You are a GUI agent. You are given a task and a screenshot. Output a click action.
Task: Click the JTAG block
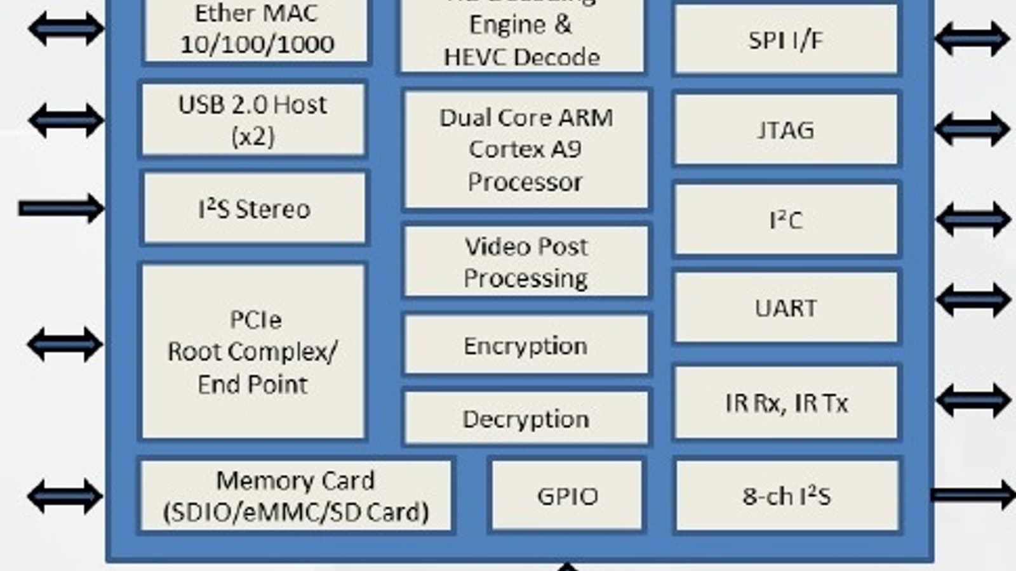coord(785,129)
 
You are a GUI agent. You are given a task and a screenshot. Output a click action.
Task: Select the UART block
coord(785,308)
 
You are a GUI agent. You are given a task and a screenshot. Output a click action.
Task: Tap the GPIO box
coord(567,496)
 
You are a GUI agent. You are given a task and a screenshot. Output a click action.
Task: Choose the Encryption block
coord(526,346)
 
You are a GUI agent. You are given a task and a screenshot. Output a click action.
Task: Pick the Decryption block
coord(526,419)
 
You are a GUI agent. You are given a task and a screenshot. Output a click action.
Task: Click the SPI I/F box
coord(785,40)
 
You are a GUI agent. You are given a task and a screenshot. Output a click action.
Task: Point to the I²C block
coord(785,220)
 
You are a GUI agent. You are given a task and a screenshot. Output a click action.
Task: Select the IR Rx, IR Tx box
coord(785,402)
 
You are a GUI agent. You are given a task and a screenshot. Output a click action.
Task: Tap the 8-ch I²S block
coord(787,496)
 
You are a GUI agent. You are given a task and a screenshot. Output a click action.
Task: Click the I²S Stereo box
coord(254,209)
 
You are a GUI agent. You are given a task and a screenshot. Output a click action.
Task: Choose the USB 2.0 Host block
coord(253,120)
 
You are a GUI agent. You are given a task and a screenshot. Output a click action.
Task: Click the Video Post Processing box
coord(526,261)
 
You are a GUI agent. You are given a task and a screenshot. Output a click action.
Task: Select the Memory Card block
coord(295,496)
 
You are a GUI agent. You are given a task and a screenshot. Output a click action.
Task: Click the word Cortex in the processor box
coord(497,150)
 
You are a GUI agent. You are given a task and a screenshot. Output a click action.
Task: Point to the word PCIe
coord(255,319)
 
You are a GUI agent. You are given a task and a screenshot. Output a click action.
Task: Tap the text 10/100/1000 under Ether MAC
coord(257,44)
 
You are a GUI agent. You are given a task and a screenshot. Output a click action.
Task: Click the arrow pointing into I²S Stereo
coord(61,208)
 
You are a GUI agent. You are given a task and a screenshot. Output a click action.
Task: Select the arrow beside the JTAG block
coord(972,129)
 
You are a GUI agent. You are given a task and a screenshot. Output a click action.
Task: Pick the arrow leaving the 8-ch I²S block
coord(972,495)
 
